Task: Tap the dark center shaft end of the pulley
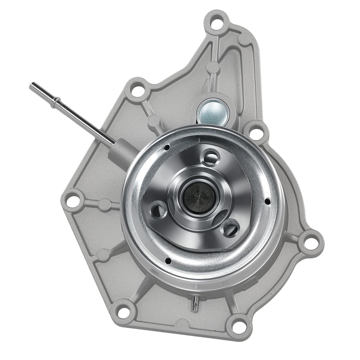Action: click(199, 197)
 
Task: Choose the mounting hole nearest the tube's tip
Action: click(137, 90)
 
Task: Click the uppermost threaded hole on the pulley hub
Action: click(211, 158)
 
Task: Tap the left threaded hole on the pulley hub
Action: click(158, 210)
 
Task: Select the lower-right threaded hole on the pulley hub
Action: click(230, 228)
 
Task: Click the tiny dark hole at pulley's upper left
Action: click(167, 147)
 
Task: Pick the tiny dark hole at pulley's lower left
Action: click(167, 260)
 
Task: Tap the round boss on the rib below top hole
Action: click(213, 67)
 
